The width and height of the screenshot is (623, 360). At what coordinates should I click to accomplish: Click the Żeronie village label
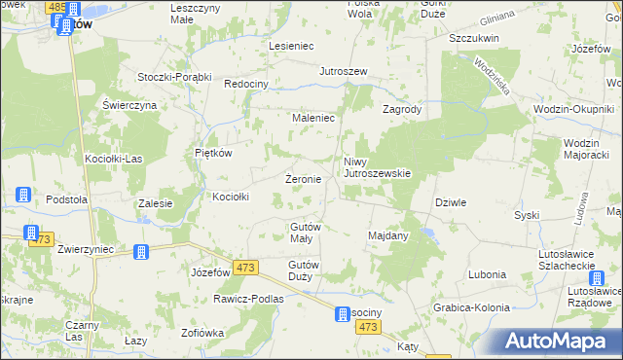pyautogui.click(x=303, y=180)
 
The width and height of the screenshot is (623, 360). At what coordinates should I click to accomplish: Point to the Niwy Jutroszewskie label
pyautogui.click(x=378, y=167)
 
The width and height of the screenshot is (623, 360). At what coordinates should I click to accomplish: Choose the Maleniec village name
pyautogui.click(x=313, y=118)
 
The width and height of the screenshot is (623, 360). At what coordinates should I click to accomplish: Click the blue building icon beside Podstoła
pyautogui.click(x=23, y=196)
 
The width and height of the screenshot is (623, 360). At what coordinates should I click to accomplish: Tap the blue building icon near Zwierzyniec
pyautogui.click(x=141, y=252)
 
